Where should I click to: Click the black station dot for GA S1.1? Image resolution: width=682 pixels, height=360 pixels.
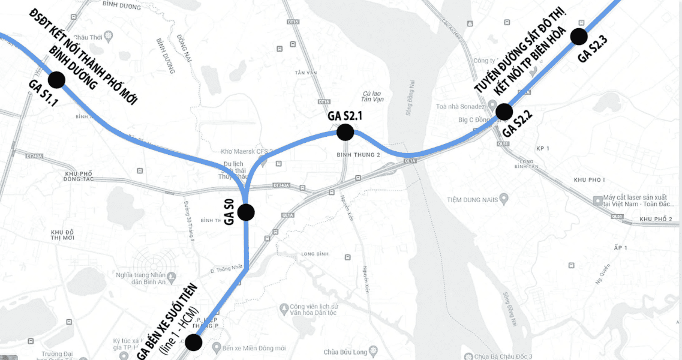coord(56,79)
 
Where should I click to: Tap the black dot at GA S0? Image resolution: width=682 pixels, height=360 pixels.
coord(246,212)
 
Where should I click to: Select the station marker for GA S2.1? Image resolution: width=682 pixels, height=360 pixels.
coord(345,132)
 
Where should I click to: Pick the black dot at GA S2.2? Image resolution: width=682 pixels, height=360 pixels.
coord(504,112)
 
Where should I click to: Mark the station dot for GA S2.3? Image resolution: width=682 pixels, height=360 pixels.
coord(578,37)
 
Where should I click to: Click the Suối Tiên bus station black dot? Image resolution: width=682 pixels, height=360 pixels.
coord(193,343)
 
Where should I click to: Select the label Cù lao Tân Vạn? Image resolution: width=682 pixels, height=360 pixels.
coord(373,96)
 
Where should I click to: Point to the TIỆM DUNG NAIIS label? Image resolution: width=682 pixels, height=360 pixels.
coord(473,199)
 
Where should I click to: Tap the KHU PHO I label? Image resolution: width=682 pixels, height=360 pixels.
coord(589,180)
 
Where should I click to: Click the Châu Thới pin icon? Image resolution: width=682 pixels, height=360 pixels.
coord(108,36)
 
